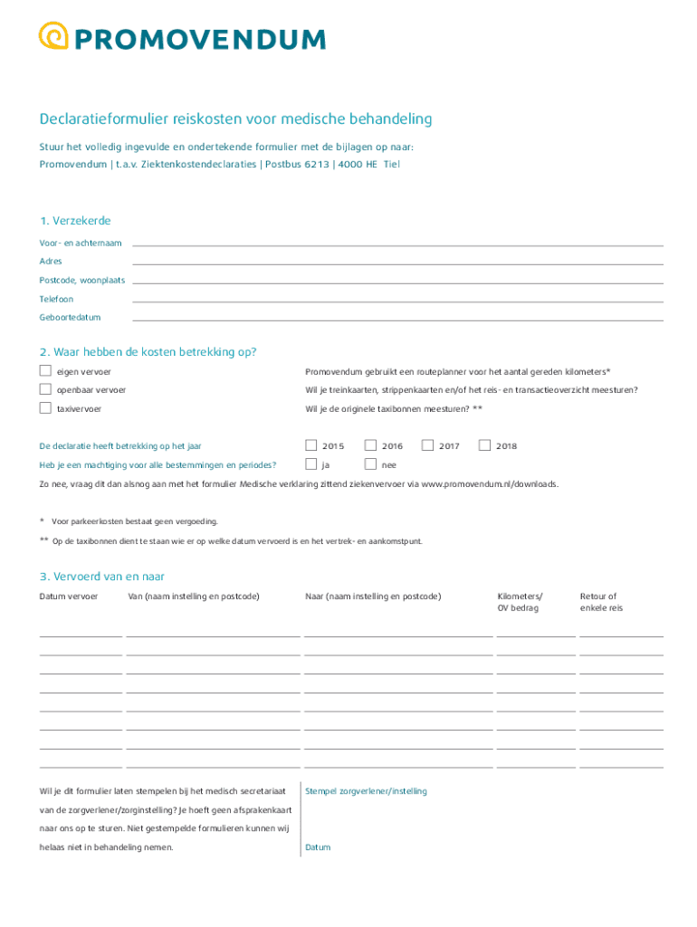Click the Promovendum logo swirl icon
pyautogui.click(x=53, y=36)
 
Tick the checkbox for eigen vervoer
pyautogui.click(x=45, y=371)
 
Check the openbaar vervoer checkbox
pyautogui.click(x=45, y=389)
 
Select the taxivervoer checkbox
pyautogui.click(x=45, y=408)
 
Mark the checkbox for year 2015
pyautogui.click(x=311, y=445)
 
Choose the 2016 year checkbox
pyautogui.click(x=370, y=445)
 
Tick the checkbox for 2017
pyautogui.click(x=427, y=445)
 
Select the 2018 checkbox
pyautogui.click(x=484, y=445)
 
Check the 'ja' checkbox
pyautogui.click(x=311, y=464)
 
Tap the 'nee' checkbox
pyautogui.click(x=370, y=464)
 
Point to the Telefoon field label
pyautogui.click(x=56, y=299)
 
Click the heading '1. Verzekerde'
pyautogui.click(x=75, y=221)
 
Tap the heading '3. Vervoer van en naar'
pyautogui.click(x=101, y=577)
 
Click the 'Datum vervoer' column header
pyautogui.click(x=69, y=597)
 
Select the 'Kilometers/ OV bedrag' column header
pyautogui.click(x=520, y=602)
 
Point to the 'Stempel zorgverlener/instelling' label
pyautogui.click(x=366, y=791)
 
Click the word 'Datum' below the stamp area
pyautogui.click(x=318, y=847)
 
